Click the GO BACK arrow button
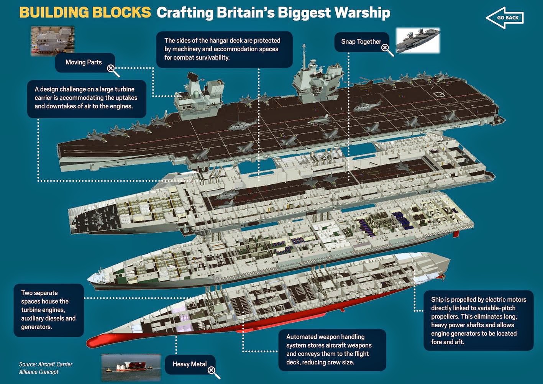point(505,18)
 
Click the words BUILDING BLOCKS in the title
point(85,12)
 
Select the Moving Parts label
point(84,62)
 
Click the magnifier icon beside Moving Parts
point(113,71)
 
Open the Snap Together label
point(361,42)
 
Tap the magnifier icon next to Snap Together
point(387,50)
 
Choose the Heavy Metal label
point(190,364)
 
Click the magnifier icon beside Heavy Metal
point(214,373)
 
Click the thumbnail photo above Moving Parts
point(52,41)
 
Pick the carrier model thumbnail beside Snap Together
point(418,41)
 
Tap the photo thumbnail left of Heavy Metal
point(131,368)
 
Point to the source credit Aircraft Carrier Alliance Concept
point(46,368)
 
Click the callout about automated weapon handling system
point(332,350)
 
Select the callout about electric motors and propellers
point(479,320)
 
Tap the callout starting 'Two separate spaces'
point(49,310)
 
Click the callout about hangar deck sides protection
point(225,49)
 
